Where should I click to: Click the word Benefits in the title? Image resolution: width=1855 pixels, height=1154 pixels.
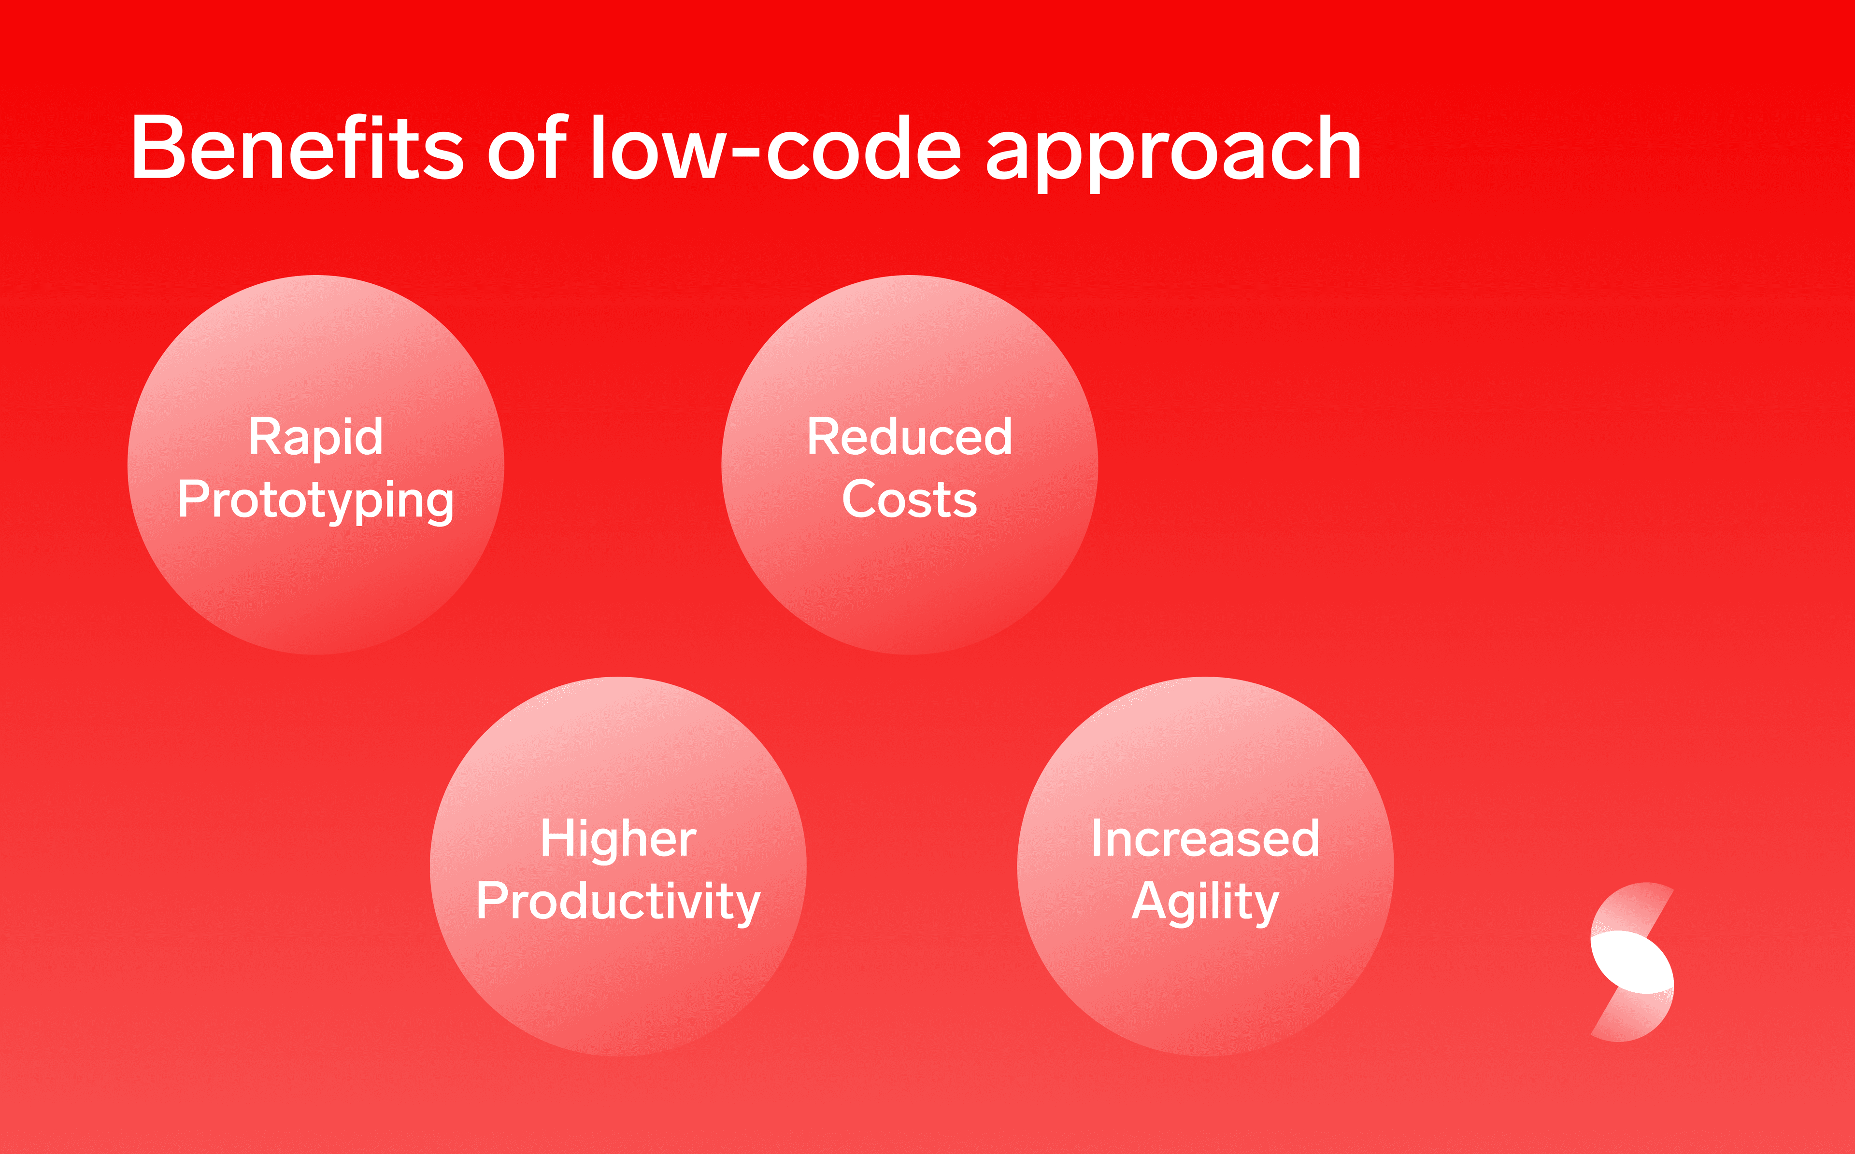298,147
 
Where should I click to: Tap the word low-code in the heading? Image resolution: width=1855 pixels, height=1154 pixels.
777,147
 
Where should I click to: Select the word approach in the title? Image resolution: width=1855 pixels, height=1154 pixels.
1174,153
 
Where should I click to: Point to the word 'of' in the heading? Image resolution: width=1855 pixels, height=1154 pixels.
528,147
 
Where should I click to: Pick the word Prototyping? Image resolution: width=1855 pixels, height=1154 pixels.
315,501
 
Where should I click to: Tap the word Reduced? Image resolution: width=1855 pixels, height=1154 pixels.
910,437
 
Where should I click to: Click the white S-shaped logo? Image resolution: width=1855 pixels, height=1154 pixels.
1631,961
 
